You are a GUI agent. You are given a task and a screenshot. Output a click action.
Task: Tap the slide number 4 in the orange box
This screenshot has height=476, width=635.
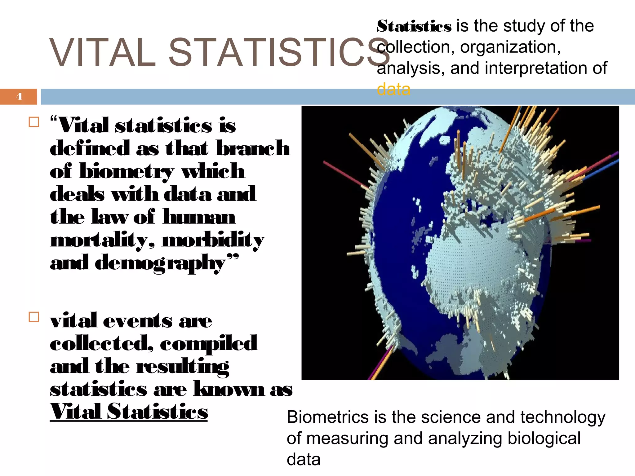pyautogui.click(x=19, y=96)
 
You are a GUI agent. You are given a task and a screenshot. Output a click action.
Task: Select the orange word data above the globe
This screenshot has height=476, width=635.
pyautogui.click(x=393, y=90)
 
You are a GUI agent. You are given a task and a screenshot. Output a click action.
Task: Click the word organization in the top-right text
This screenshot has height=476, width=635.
pyautogui.click(x=510, y=47)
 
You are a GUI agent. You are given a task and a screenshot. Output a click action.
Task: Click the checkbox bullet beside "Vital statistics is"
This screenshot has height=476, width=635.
pyautogui.click(x=34, y=122)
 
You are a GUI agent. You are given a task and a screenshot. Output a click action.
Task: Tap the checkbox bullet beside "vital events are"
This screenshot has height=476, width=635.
pyautogui.click(x=34, y=317)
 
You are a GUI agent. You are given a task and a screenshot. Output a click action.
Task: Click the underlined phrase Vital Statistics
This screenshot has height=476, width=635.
pyautogui.click(x=129, y=412)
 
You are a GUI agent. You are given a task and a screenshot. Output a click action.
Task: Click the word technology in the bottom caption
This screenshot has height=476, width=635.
pyautogui.click(x=562, y=417)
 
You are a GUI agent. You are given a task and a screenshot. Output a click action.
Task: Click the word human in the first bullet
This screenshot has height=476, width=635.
pyautogui.click(x=199, y=217)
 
